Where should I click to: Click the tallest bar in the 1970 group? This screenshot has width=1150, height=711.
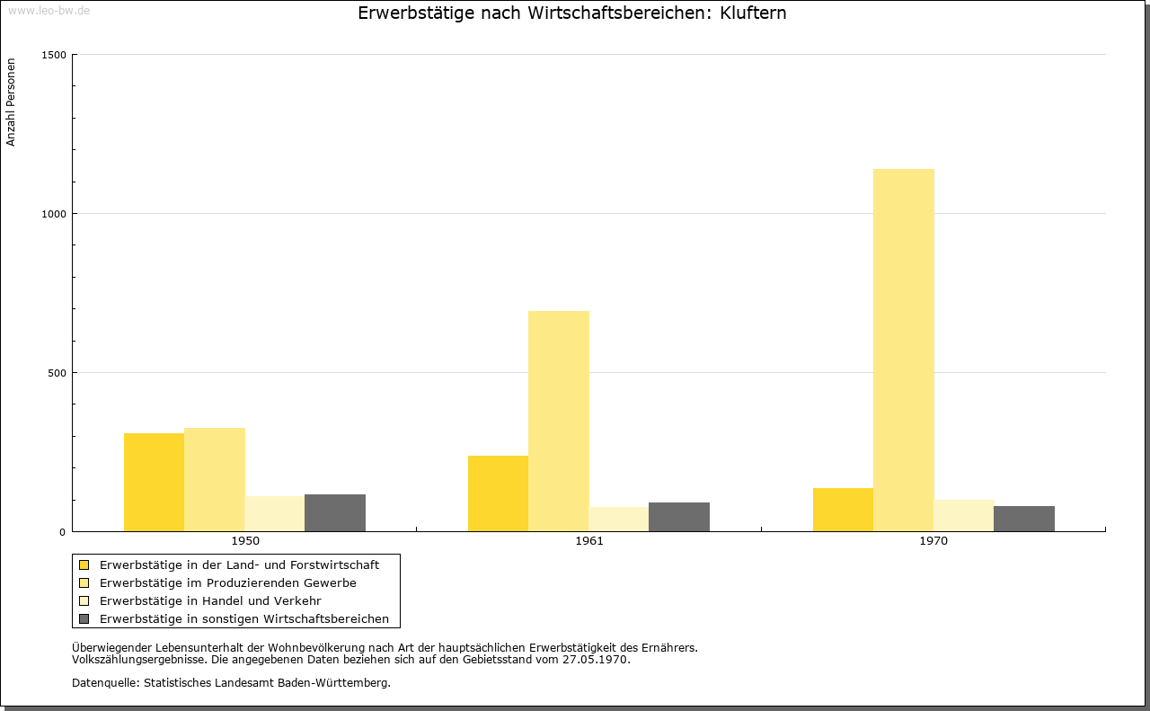pyautogui.click(x=904, y=351)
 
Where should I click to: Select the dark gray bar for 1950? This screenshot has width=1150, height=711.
pyautogui.click(x=335, y=513)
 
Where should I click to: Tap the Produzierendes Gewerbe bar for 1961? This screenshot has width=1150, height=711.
pyautogui.click(x=559, y=422)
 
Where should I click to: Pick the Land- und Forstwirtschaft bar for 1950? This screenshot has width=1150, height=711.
pyautogui.click(x=154, y=483)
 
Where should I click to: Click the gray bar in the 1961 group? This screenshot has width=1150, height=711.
pyautogui.click(x=679, y=518)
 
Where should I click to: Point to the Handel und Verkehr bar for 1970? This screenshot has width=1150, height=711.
pyautogui.click(x=964, y=516)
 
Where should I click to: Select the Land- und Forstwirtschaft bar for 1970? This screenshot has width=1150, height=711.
pyautogui.click(x=843, y=510)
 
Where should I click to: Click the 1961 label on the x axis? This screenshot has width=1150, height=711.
pyautogui.click(x=589, y=541)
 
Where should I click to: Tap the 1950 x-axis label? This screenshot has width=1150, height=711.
pyautogui.click(x=245, y=541)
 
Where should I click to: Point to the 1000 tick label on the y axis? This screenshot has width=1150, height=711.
pyautogui.click(x=54, y=214)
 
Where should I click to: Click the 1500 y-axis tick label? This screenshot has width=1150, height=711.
pyautogui.click(x=54, y=55)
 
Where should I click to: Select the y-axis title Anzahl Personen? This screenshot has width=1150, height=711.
pyautogui.click(x=11, y=102)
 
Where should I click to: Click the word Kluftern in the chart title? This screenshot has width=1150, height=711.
pyautogui.click(x=753, y=13)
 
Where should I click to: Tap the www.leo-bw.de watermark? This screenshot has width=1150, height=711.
pyautogui.click(x=49, y=10)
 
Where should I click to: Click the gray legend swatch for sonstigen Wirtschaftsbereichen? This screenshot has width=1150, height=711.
pyautogui.click(x=84, y=619)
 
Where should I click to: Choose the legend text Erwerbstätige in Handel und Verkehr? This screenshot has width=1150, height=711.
pyautogui.click(x=210, y=601)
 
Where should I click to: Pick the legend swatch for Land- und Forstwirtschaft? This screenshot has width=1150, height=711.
pyautogui.click(x=84, y=565)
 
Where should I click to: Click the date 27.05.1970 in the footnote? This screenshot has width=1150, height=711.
pyautogui.click(x=595, y=660)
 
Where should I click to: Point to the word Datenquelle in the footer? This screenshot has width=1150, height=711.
pyautogui.click(x=106, y=683)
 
